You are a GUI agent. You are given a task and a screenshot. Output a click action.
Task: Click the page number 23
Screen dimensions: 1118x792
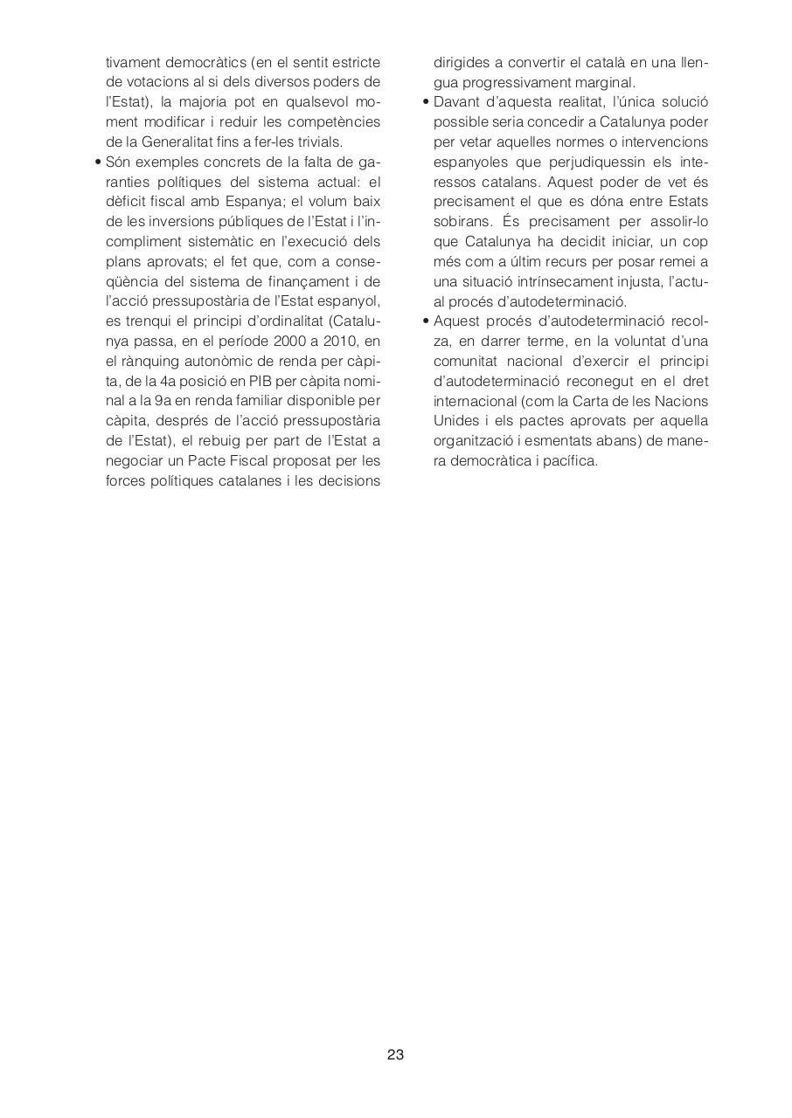point(395,1054)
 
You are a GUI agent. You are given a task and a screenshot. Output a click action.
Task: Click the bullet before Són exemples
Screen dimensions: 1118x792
point(98,162)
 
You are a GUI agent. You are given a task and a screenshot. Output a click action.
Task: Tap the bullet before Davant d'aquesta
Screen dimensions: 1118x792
point(426,102)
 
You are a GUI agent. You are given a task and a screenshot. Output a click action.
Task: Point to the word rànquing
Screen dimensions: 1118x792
point(147,361)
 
